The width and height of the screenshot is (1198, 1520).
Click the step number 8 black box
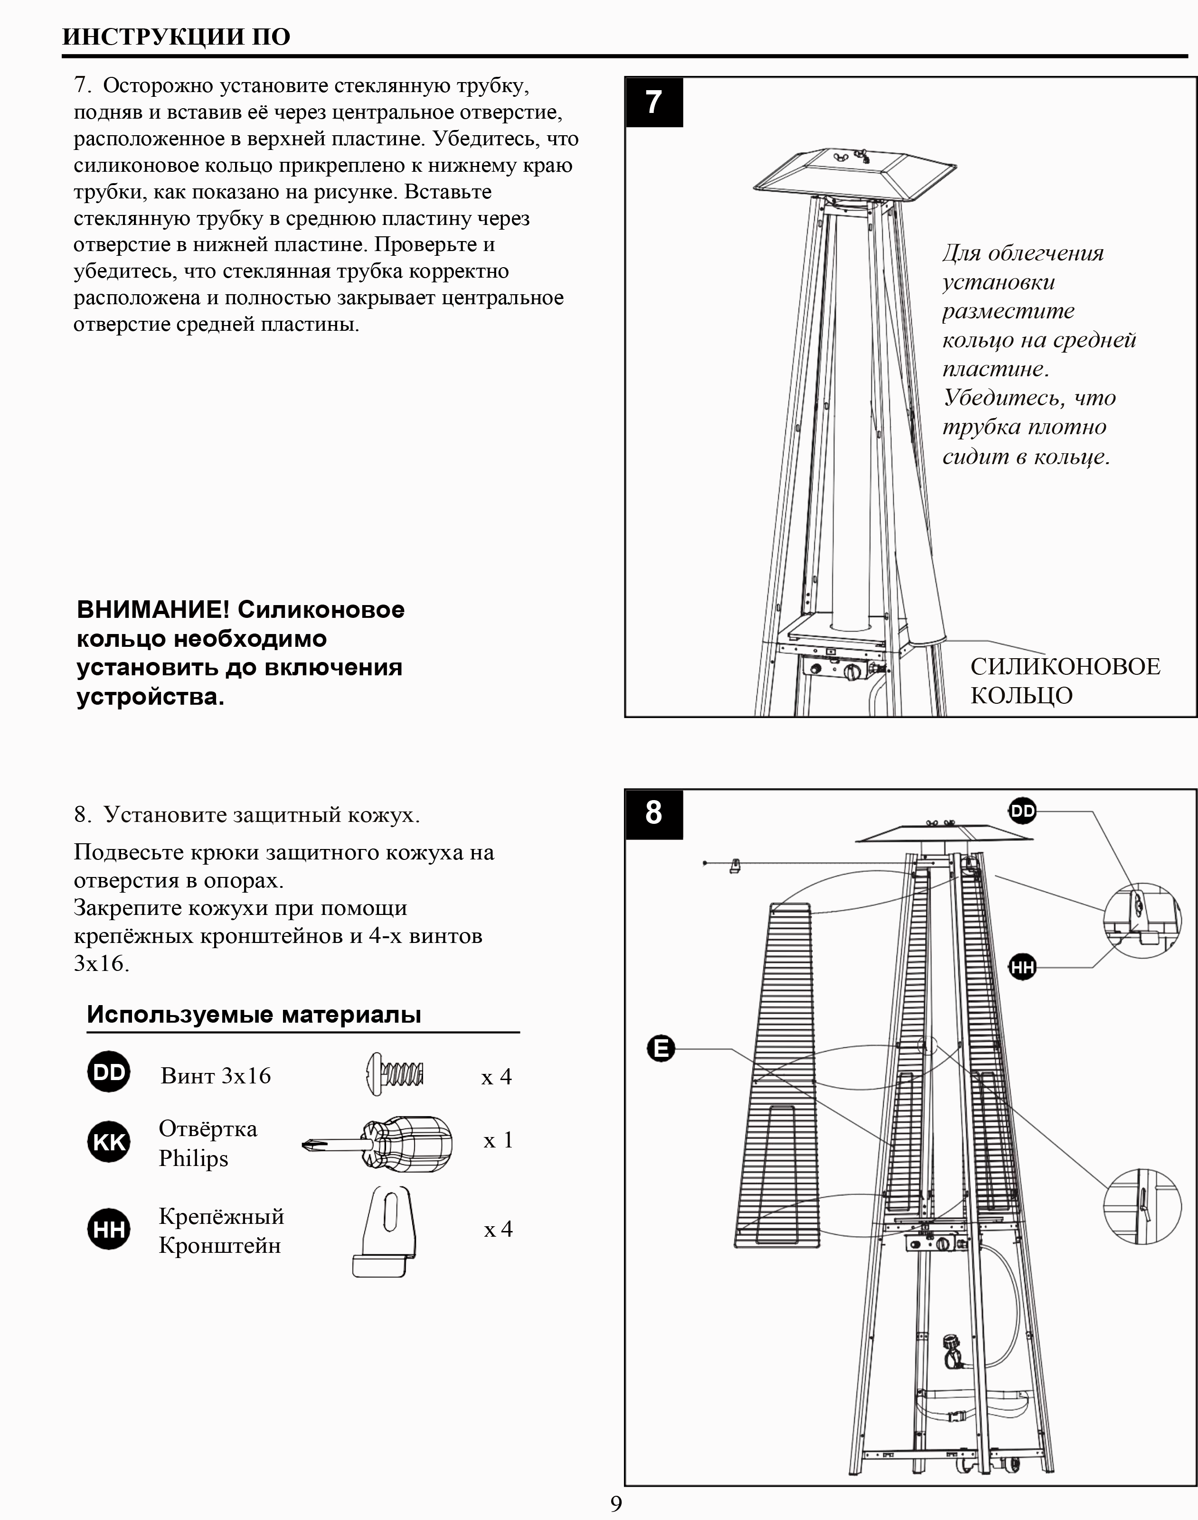[x=654, y=813]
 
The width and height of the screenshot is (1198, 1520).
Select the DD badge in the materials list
[x=109, y=1072]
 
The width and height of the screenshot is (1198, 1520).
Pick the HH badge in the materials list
[x=109, y=1229]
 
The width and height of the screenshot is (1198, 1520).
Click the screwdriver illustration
[x=379, y=1144]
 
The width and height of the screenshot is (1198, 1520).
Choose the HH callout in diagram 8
[x=1023, y=968]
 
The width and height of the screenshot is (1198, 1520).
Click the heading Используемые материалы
[x=254, y=1015]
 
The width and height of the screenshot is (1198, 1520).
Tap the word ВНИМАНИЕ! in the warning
[x=153, y=609]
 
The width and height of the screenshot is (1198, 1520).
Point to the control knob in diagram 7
[x=852, y=672]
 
